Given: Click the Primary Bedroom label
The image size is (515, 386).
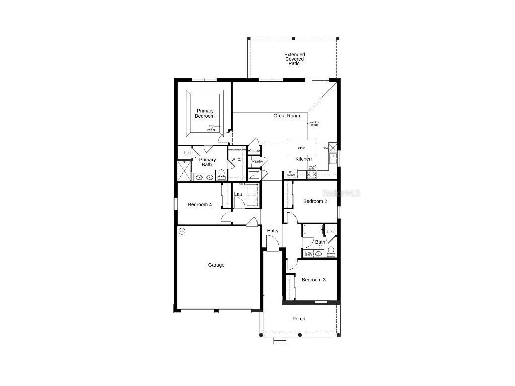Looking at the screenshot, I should (205, 113).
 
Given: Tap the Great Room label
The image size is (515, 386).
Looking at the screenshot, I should (286, 116).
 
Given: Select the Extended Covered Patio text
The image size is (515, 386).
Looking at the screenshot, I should (294, 59).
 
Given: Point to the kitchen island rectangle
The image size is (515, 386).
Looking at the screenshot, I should (302, 148).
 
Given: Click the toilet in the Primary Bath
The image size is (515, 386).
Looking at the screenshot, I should (221, 175).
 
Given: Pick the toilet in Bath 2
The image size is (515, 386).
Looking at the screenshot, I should (331, 251).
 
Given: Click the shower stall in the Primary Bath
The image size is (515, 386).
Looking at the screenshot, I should (184, 171).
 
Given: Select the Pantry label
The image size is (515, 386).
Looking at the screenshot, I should (257, 161).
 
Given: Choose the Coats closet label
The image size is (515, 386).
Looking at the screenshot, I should (254, 151).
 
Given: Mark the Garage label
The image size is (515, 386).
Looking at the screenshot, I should (216, 265).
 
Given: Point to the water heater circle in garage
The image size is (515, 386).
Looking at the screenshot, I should (182, 231).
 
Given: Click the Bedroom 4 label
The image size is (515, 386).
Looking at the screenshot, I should (200, 205).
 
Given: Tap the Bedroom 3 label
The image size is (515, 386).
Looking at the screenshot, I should (313, 280).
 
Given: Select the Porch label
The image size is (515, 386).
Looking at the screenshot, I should (299, 319).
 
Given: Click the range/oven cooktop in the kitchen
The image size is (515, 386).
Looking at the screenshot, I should (311, 175).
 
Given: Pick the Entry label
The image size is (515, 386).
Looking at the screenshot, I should (273, 231).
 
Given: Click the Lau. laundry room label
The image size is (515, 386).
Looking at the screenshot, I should (239, 194).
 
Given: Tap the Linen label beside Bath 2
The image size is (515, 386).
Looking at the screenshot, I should (331, 231).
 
